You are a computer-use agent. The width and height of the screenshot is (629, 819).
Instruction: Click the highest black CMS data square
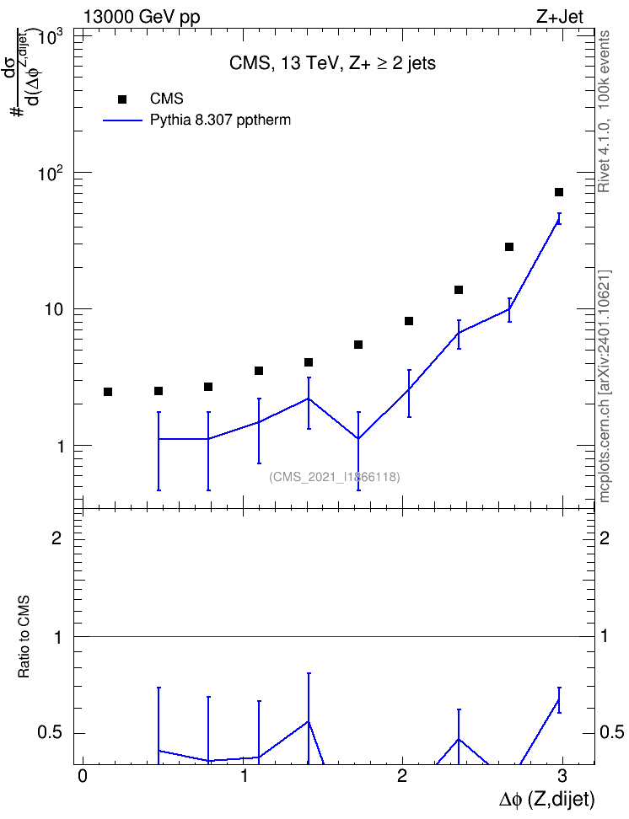pos(559,192)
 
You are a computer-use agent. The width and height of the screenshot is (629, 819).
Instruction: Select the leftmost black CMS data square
pos(108,392)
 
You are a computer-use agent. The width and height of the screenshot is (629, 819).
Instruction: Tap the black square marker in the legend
pos(122,99)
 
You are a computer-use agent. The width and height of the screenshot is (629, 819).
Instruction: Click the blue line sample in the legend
pos(123,120)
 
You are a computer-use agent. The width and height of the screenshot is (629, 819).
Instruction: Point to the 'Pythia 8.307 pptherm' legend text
pos(220,120)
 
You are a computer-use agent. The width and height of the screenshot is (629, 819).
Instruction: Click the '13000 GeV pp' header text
pos(142,17)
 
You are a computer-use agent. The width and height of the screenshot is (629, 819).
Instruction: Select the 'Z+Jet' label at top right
pos(560,17)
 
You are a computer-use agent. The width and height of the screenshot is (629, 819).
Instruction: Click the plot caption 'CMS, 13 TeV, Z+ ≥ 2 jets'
pos(332,63)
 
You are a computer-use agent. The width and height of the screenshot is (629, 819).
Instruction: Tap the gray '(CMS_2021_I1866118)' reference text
pos(335,477)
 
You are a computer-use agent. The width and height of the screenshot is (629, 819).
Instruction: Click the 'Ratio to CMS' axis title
pos(24,636)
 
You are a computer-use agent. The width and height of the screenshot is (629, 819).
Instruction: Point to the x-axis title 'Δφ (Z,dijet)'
pos(546,799)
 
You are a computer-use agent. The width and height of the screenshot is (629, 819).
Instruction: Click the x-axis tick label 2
pos(401,776)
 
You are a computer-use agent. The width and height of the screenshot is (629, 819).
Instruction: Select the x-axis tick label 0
pos(82,776)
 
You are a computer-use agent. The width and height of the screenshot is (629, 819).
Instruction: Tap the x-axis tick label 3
pos(562,776)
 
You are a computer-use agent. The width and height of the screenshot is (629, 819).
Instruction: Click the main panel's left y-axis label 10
pos(54,309)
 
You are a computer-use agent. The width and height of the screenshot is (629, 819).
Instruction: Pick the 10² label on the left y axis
pos(51,172)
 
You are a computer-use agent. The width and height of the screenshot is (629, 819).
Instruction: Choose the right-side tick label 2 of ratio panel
pos(605,538)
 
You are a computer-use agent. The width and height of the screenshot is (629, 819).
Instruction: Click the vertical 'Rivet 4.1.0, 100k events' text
pos(604,111)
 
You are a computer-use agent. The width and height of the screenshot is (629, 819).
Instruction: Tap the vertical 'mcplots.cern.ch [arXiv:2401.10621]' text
pos(605,386)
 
